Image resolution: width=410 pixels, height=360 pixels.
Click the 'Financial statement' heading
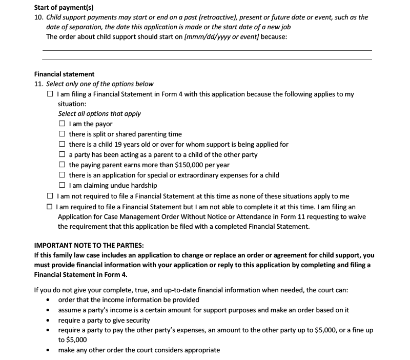tap(64, 74)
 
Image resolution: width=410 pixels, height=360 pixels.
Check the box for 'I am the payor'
tap(62, 124)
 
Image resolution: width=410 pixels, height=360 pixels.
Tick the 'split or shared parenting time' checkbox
tap(62, 134)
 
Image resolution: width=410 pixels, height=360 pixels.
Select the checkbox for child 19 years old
tap(62, 145)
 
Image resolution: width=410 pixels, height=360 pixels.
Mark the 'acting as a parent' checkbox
tap(62, 155)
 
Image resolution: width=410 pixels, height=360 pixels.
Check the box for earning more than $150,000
tap(62, 165)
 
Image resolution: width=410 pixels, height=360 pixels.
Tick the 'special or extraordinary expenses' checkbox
tap(62, 175)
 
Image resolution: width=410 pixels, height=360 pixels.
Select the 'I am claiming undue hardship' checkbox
tap(62, 186)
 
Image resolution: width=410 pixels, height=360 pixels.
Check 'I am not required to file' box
tap(50, 196)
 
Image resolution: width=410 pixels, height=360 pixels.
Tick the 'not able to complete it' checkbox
tap(50, 207)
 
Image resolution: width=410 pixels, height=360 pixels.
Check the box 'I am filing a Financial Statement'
tap(50, 94)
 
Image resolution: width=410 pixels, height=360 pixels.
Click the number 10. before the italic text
tap(38, 17)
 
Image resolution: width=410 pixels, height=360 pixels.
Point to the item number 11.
tap(38, 84)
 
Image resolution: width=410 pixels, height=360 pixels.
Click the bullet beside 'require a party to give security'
tap(48, 321)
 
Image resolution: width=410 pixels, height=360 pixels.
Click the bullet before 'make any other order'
tap(48, 351)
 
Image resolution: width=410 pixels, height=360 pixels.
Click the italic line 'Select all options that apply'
tap(99, 114)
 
